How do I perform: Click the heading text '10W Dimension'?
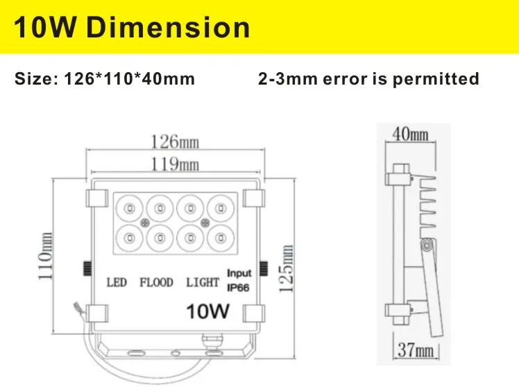coord(132,27)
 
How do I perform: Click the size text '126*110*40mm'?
coord(105,78)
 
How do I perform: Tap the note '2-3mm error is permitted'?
coord(368,78)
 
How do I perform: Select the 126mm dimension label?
coord(175,142)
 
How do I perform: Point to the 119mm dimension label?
coord(175,164)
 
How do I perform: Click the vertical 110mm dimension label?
coord(47,255)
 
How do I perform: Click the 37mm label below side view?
coord(415,351)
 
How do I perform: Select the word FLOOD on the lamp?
coord(156,282)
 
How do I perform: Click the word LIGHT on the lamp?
coord(203,282)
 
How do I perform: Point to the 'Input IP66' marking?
coord(239,279)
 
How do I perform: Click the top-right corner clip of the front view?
coord(254,198)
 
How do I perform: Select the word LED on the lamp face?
coord(117,282)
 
